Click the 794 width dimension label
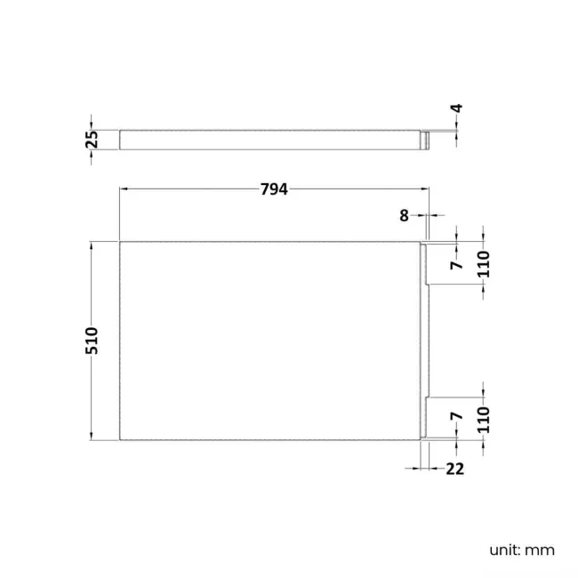(x=275, y=189)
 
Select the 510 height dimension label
(x=92, y=341)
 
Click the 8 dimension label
(x=404, y=214)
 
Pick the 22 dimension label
(x=455, y=469)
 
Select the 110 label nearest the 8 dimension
(x=484, y=263)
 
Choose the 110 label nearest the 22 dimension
(x=484, y=420)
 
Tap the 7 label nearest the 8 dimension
(x=455, y=264)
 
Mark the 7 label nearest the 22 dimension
(x=455, y=416)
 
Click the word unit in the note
(x=504, y=550)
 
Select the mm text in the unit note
(x=540, y=550)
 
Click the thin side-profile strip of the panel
(x=271, y=140)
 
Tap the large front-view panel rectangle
(x=271, y=341)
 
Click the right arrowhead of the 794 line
(x=425, y=189)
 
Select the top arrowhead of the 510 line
(x=92, y=245)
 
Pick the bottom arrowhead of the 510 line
(x=92, y=436)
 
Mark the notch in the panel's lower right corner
(x=425, y=418)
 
